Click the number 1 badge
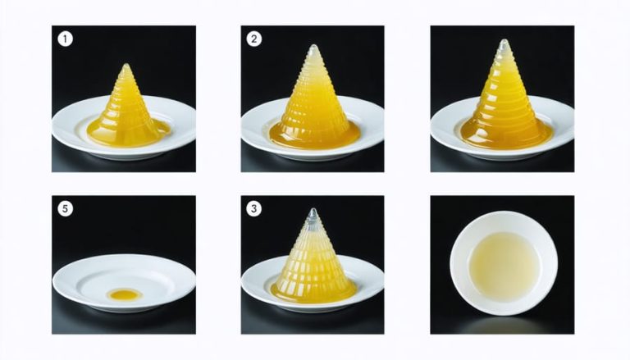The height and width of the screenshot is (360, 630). (x=65, y=39)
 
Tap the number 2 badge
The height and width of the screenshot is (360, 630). (x=254, y=39)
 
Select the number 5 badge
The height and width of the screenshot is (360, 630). (x=65, y=209)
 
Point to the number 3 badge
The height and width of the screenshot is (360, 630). (x=254, y=209)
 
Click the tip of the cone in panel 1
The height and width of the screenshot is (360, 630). (x=126, y=65)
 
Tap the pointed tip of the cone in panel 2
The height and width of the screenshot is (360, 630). (x=314, y=46)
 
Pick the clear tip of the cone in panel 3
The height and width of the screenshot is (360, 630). (x=313, y=210)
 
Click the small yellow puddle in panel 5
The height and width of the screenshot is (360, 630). (x=125, y=294)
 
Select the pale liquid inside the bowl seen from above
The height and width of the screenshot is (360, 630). (x=503, y=262)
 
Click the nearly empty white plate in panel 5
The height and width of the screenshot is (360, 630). (x=124, y=283)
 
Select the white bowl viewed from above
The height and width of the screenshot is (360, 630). (x=504, y=263)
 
